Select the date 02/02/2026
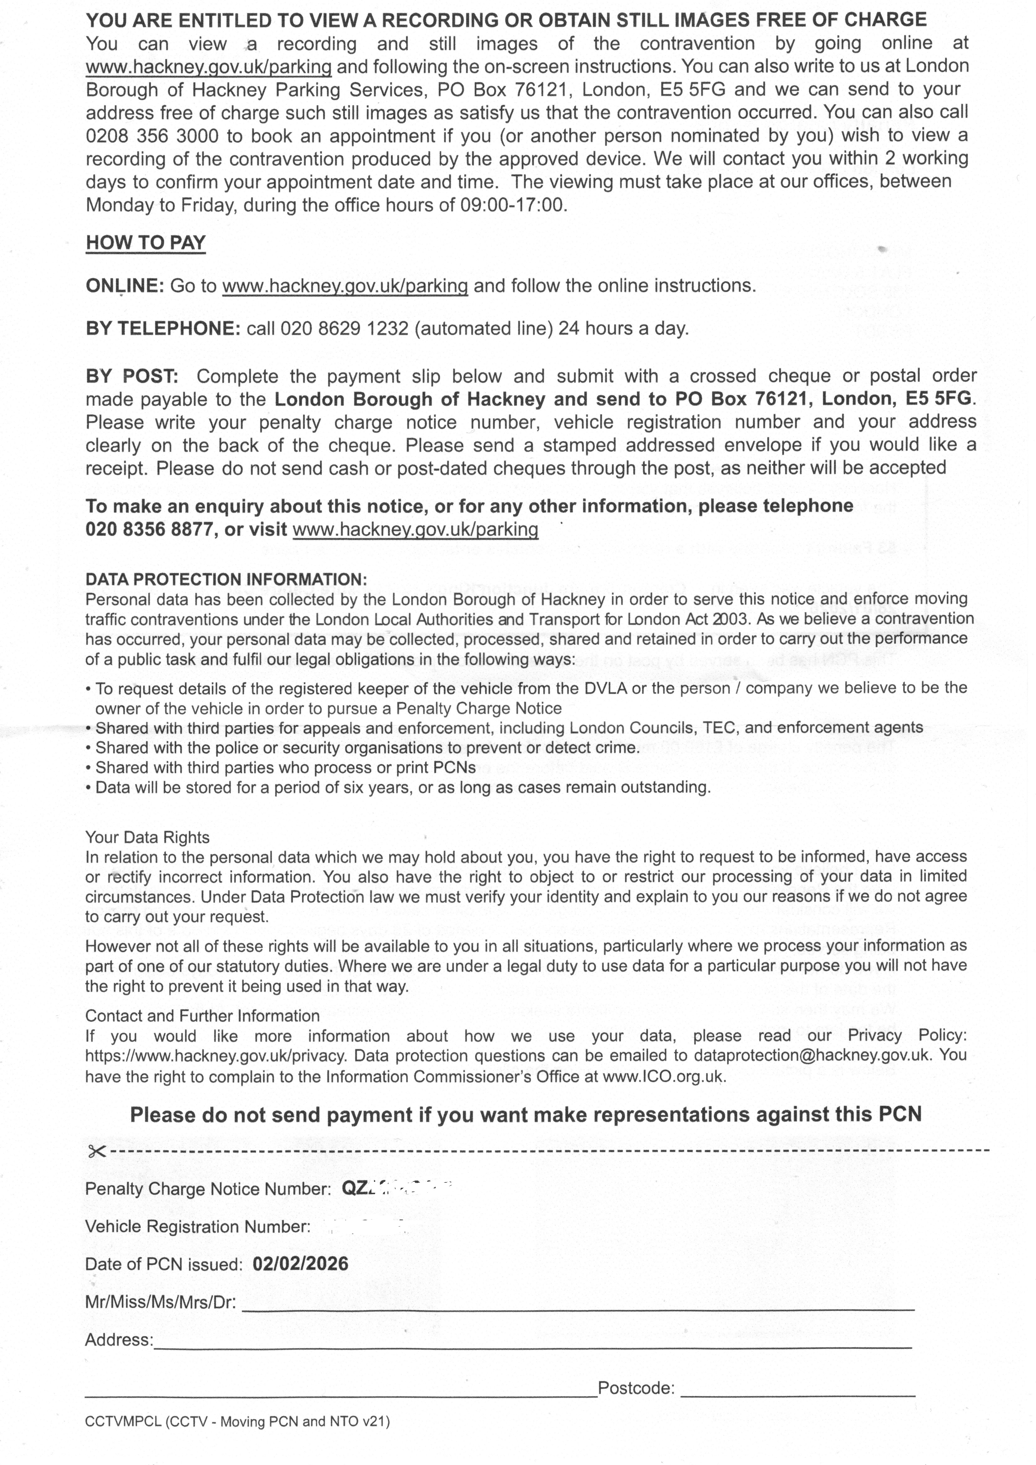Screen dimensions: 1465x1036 pos(300,1264)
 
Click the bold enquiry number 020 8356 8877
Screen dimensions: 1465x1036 pos(149,529)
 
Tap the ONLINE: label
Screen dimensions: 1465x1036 pos(125,286)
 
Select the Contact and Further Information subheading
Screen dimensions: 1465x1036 pos(202,1016)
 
